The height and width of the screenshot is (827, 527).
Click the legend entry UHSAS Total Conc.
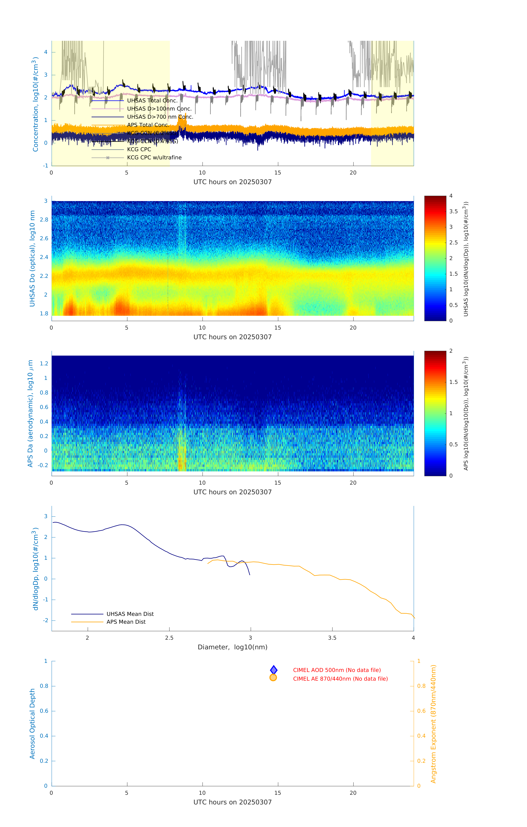pos(152,101)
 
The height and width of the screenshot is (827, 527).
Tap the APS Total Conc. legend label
pos(148,125)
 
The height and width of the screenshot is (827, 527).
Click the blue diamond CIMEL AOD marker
pos(274,670)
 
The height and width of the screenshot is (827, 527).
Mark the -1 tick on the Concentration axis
pos(45,166)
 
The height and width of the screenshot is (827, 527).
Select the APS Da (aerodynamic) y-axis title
pos(30,413)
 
